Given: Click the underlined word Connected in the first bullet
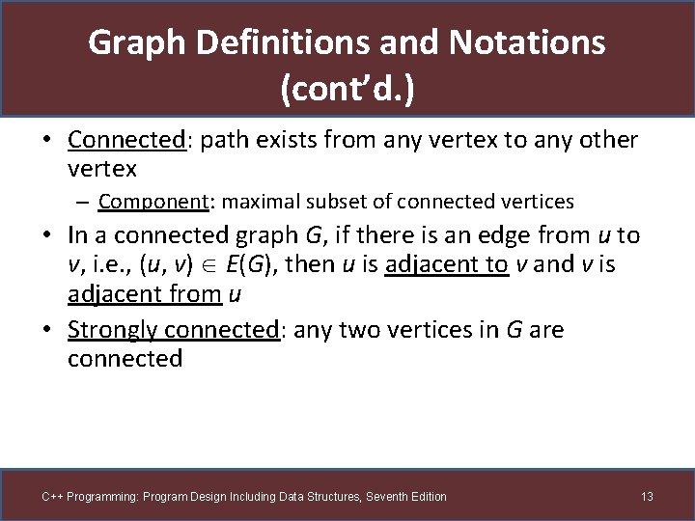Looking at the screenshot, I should tap(125, 140).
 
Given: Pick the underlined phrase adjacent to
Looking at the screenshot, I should tap(447, 264).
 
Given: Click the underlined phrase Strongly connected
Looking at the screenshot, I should tap(173, 330).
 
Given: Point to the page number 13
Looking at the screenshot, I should tap(647, 497).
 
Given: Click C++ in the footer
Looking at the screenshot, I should tap(51, 497).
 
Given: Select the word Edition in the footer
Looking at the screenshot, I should tap(427, 497).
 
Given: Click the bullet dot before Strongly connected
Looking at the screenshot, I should tap(48, 330).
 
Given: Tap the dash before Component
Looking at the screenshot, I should tap(85, 203).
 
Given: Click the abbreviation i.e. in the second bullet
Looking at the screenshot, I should tap(98, 264).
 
